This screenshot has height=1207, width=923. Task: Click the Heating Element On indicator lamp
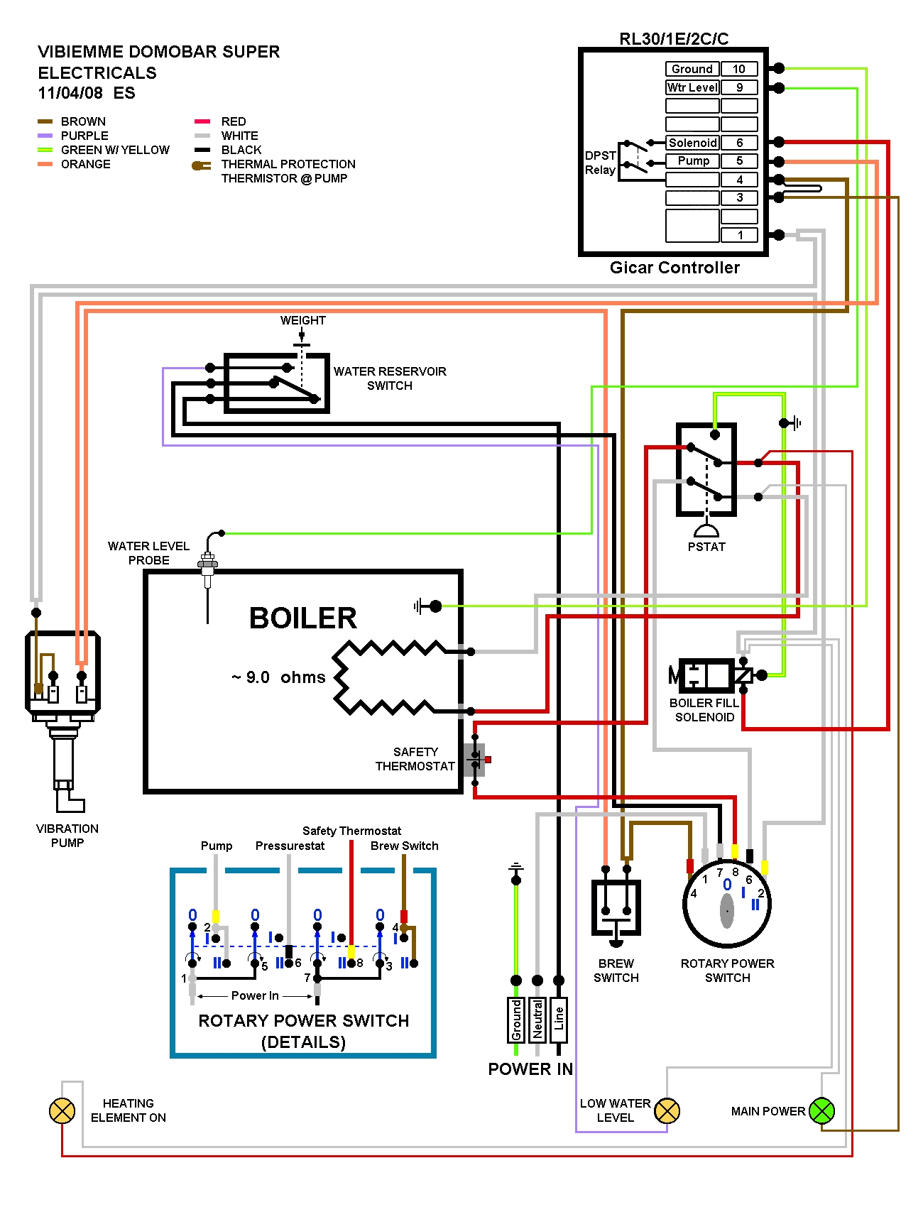pyautogui.click(x=62, y=1111)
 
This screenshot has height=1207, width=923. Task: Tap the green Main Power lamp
pyautogui.click(x=821, y=1111)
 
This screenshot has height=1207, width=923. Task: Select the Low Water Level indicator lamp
pyautogui.click(x=667, y=1111)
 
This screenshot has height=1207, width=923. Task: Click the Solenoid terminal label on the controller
pyautogui.click(x=692, y=143)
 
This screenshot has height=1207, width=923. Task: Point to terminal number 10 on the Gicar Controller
pyautogui.click(x=739, y=69)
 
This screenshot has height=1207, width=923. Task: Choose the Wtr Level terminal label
pyautogui.click(x=692, y=87)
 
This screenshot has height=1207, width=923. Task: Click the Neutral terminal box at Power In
pyautogui.click(x=537, y=1020)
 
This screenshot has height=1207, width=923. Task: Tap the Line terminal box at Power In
pyautogui.click(x=559, y=1020)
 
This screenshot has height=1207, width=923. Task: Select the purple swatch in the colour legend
pyautogui.click(x=45, y=136)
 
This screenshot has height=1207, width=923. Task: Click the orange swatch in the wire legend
pyautogui.click(x=45, y=164)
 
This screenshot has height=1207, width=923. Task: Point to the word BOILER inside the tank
pyautogui.click(x=303, y=618)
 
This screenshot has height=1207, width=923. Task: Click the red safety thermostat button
pyautogui.click(x=488, y=760)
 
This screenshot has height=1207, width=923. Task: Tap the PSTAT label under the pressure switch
pyautogui.click(x=706, y=547)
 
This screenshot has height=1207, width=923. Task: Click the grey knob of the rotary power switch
pyautogui.click(x=727, y=911)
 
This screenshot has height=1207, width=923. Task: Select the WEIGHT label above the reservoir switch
pyautogui.click(x=303, y=320)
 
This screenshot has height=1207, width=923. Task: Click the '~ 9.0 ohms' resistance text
pyautogui.click(x=278, y=677)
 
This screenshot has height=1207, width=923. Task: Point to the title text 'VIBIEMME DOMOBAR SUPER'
pyautogui.click(x=159, y=52)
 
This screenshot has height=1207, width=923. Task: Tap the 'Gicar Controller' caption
pyautogui.click(x=674, y=268)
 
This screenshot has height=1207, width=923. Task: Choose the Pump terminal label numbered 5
pyautogui.click(x=692, y=161)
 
